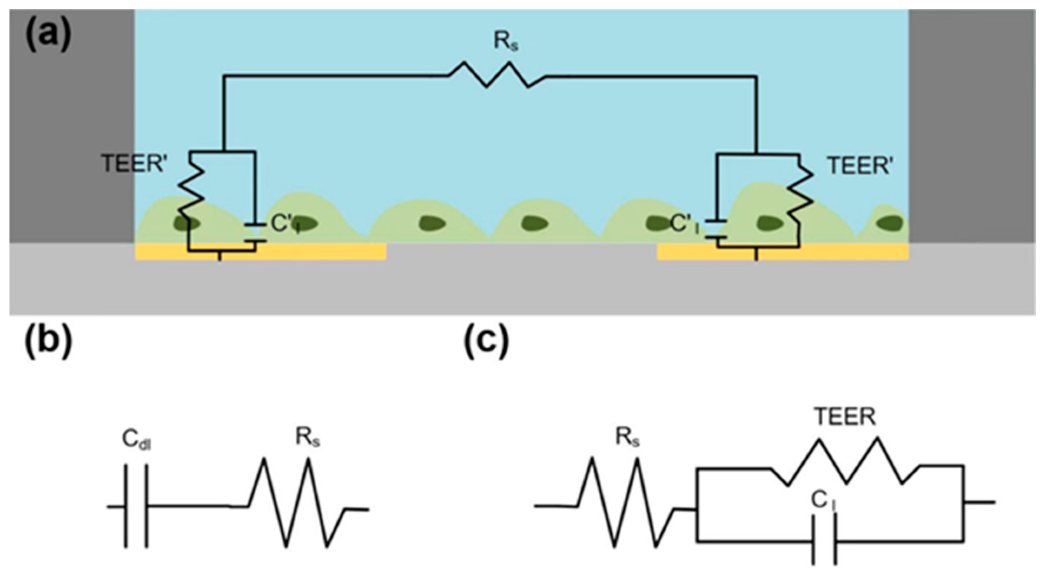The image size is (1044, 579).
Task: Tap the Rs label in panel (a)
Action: click(x=506, y=42)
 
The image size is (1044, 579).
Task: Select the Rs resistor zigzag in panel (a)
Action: click(x=497, y=75)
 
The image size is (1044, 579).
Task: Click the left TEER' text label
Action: click(x=133, y=164)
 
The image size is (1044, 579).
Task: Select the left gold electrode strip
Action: click(x=304, y=252)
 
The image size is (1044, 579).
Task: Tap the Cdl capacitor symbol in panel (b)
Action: click(x=136, y=506)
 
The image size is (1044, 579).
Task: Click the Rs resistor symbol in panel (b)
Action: click(x=298, y=504)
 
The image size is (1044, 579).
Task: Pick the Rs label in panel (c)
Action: click(x=627, y=437)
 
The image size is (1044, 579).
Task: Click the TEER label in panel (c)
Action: click(x=845, y=417)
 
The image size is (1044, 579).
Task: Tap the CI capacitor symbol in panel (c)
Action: click(x=824, y=541)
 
